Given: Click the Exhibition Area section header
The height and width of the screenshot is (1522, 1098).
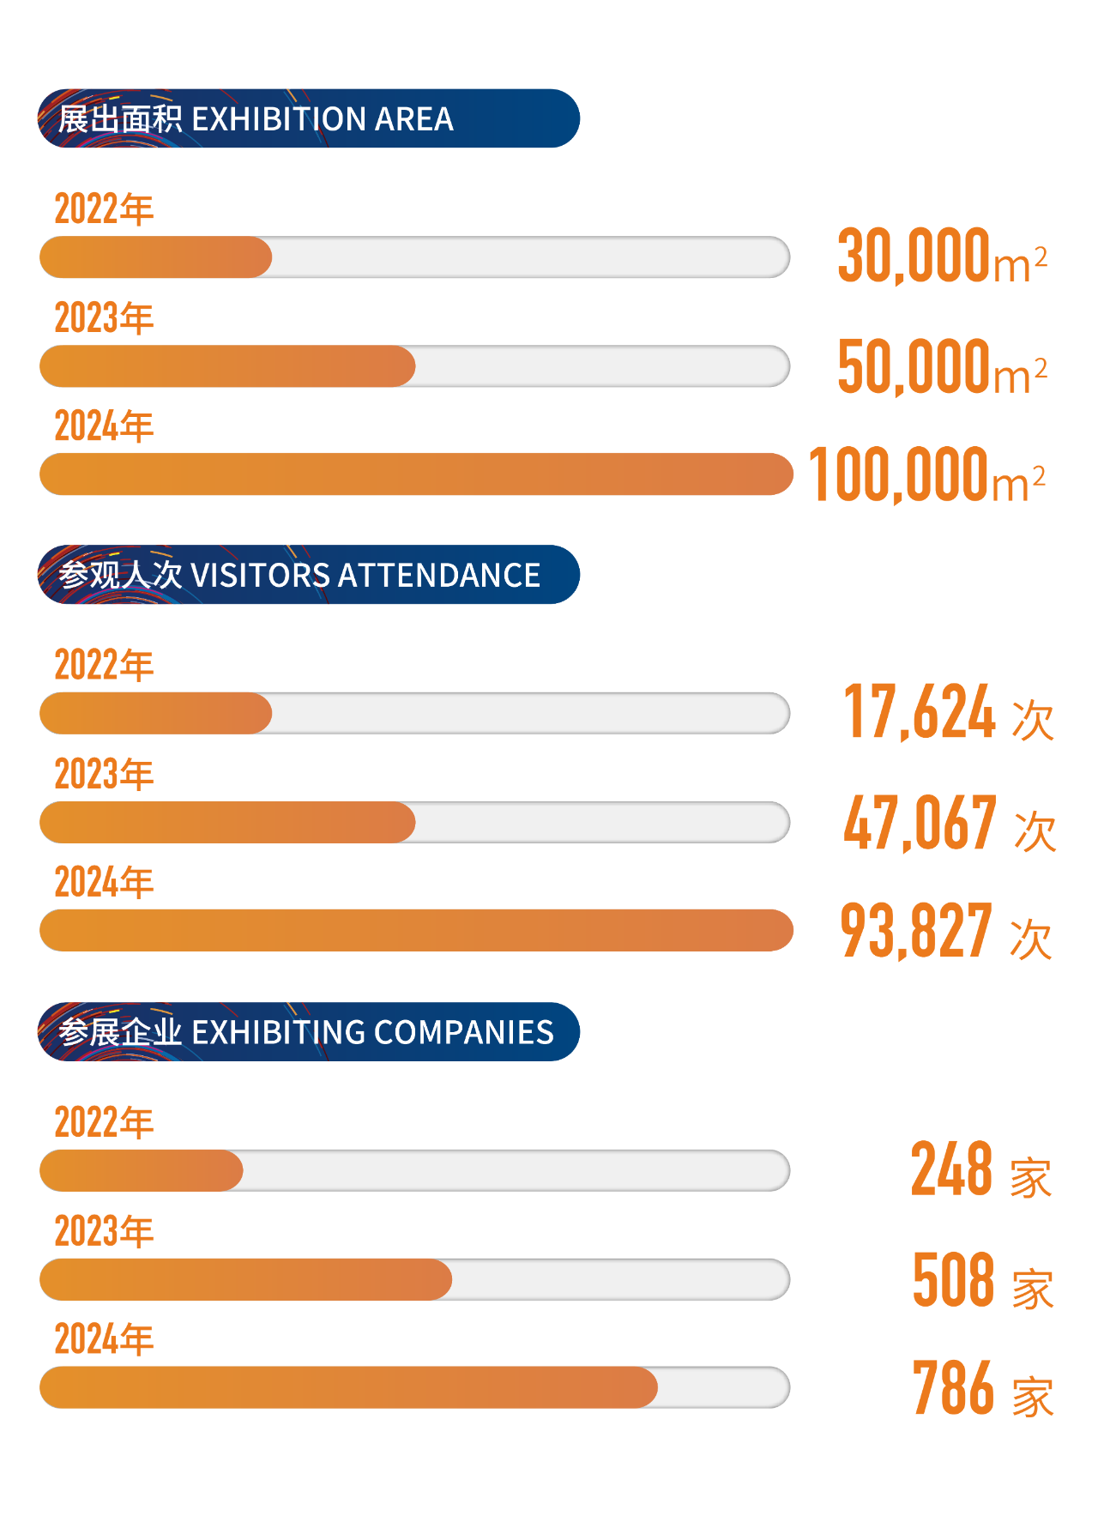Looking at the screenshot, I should coord(308,118).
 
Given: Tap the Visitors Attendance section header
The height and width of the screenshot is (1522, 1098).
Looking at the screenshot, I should coord(308,575).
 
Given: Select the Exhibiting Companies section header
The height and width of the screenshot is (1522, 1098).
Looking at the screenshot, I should coord(308,1031).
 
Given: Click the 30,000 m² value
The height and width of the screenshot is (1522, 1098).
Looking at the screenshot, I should coord(941,257).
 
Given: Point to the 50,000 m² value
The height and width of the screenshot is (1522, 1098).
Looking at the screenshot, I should coord(941,366).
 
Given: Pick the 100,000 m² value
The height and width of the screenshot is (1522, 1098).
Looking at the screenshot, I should coord(926,474).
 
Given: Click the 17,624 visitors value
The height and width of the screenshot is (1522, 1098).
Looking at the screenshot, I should coord(948,713).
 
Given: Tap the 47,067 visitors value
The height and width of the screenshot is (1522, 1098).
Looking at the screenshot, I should coord(949,823).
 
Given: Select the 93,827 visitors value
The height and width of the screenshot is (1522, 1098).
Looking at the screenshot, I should coord(945,931).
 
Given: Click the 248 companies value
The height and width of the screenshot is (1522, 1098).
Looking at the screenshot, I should coord(980,1170).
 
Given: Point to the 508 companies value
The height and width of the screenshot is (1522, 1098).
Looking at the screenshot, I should coord(982,1280).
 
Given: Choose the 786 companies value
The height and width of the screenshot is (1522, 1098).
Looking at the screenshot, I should coord(982,1388).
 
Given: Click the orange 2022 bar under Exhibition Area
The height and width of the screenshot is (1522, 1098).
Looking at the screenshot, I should coord(155,257).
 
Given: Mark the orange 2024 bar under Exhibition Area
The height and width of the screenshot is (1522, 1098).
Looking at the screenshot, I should coord(416,474).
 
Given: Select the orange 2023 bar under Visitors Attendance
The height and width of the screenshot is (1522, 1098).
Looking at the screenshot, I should coord(227,823).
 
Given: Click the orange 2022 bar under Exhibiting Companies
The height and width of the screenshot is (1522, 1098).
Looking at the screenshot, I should coord(141,1170).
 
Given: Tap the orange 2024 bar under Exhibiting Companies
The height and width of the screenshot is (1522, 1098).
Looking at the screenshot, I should coord(348,1387).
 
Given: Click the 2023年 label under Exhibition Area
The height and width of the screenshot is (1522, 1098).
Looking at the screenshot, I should coord(104,318).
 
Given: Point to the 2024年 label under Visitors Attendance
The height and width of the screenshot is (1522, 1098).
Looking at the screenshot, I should coord(104,883).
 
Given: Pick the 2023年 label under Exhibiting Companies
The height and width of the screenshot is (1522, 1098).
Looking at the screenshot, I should coord(104,1231).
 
